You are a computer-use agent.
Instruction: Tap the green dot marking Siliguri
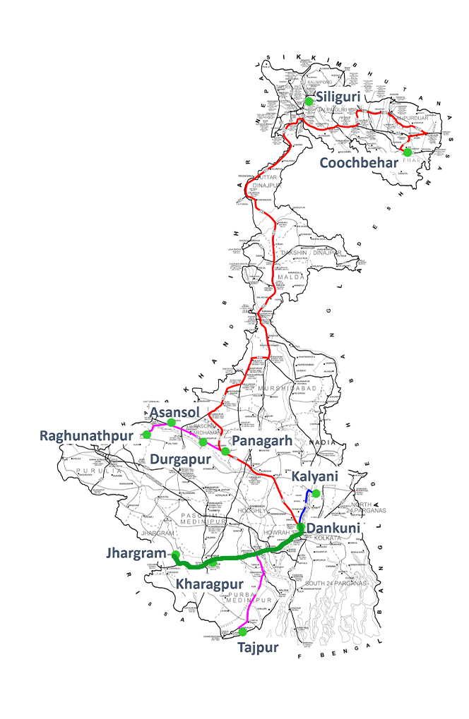click(309, 102)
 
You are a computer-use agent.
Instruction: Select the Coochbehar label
click(360, 163)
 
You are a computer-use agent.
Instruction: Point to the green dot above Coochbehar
click(408, 152)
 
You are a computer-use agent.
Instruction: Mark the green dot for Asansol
click(171, 423)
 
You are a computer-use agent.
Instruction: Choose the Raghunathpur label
click(86, 435)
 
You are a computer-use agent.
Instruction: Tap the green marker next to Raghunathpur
click(147, 433)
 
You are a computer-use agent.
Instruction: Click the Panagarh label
click(266, 440)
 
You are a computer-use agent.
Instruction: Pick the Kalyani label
click(315, 477)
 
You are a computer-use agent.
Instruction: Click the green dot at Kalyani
click(316, 493)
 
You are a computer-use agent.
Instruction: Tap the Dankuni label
click(333, 528)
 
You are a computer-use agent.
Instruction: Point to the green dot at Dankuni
click(300, 528)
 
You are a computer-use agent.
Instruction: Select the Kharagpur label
click(209, 584)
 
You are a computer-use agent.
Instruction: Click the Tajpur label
click(257, 647)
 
